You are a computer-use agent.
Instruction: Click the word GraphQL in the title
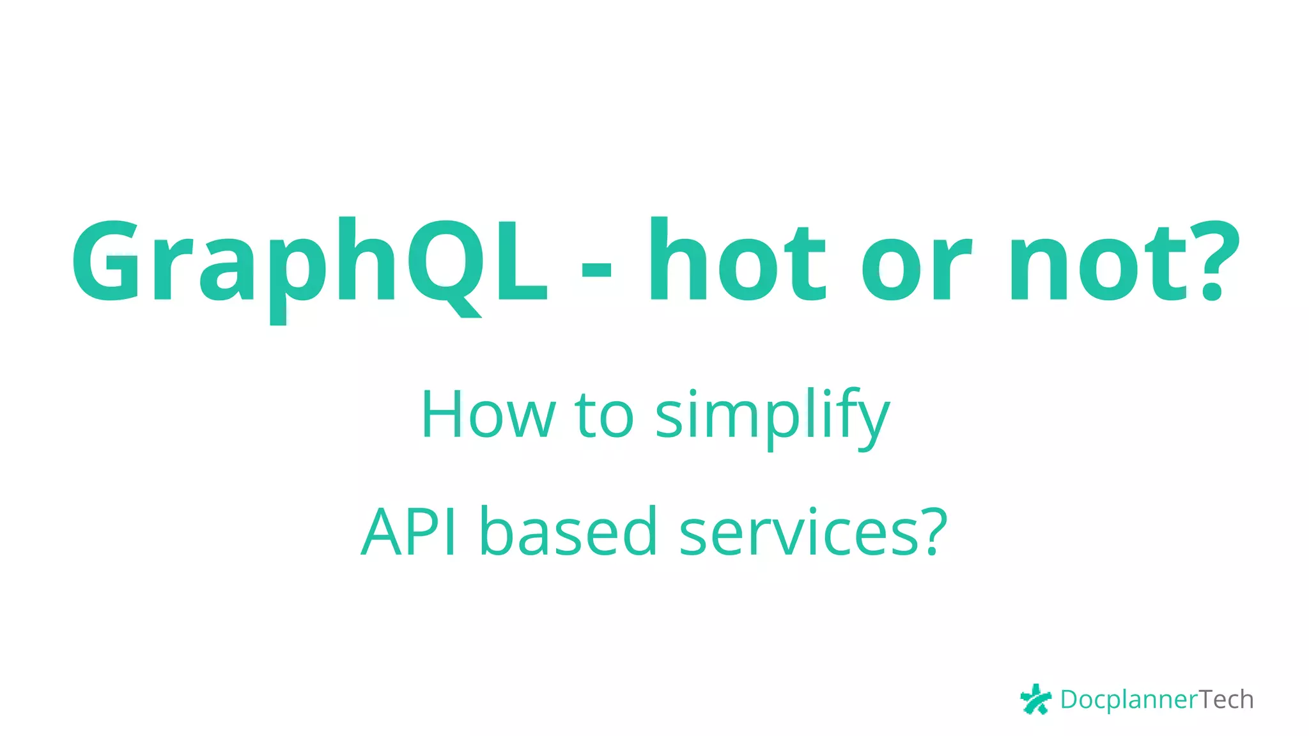[310, 262]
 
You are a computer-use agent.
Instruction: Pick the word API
[409, 532]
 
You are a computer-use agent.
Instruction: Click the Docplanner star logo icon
[1035, 699]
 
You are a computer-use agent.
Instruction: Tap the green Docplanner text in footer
[1128, 700]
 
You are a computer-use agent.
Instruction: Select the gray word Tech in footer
[1226, 700]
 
